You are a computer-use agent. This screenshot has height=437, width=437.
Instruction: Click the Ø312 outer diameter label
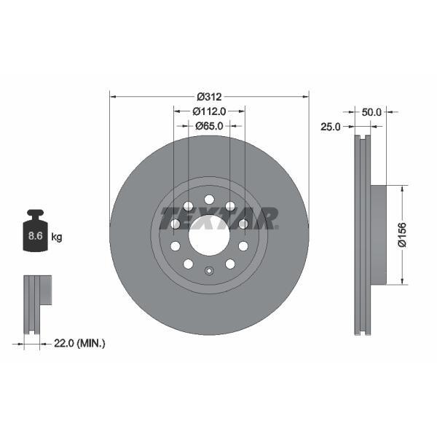(x=209, y=96)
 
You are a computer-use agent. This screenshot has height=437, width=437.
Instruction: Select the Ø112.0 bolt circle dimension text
(x=209, y=111)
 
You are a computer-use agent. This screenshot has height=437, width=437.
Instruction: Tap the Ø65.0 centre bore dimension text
(x=209, y=126)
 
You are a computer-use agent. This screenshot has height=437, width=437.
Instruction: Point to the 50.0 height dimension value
(x=371, y=111)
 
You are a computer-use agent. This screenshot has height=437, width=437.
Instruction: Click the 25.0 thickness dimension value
(x=331, y=126)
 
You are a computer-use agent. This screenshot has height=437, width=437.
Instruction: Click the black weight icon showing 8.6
(x=34, y=232)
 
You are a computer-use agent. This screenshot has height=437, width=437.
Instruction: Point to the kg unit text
(x=57, y=237)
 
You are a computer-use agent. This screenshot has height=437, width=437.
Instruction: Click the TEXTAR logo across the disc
(x=219, y=218)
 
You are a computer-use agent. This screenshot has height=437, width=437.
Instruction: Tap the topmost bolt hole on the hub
(x=209, y=200)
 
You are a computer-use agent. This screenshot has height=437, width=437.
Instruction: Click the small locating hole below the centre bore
(x=209, y=272)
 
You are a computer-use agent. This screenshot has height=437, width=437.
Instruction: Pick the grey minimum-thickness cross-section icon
(x=36, y=295)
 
